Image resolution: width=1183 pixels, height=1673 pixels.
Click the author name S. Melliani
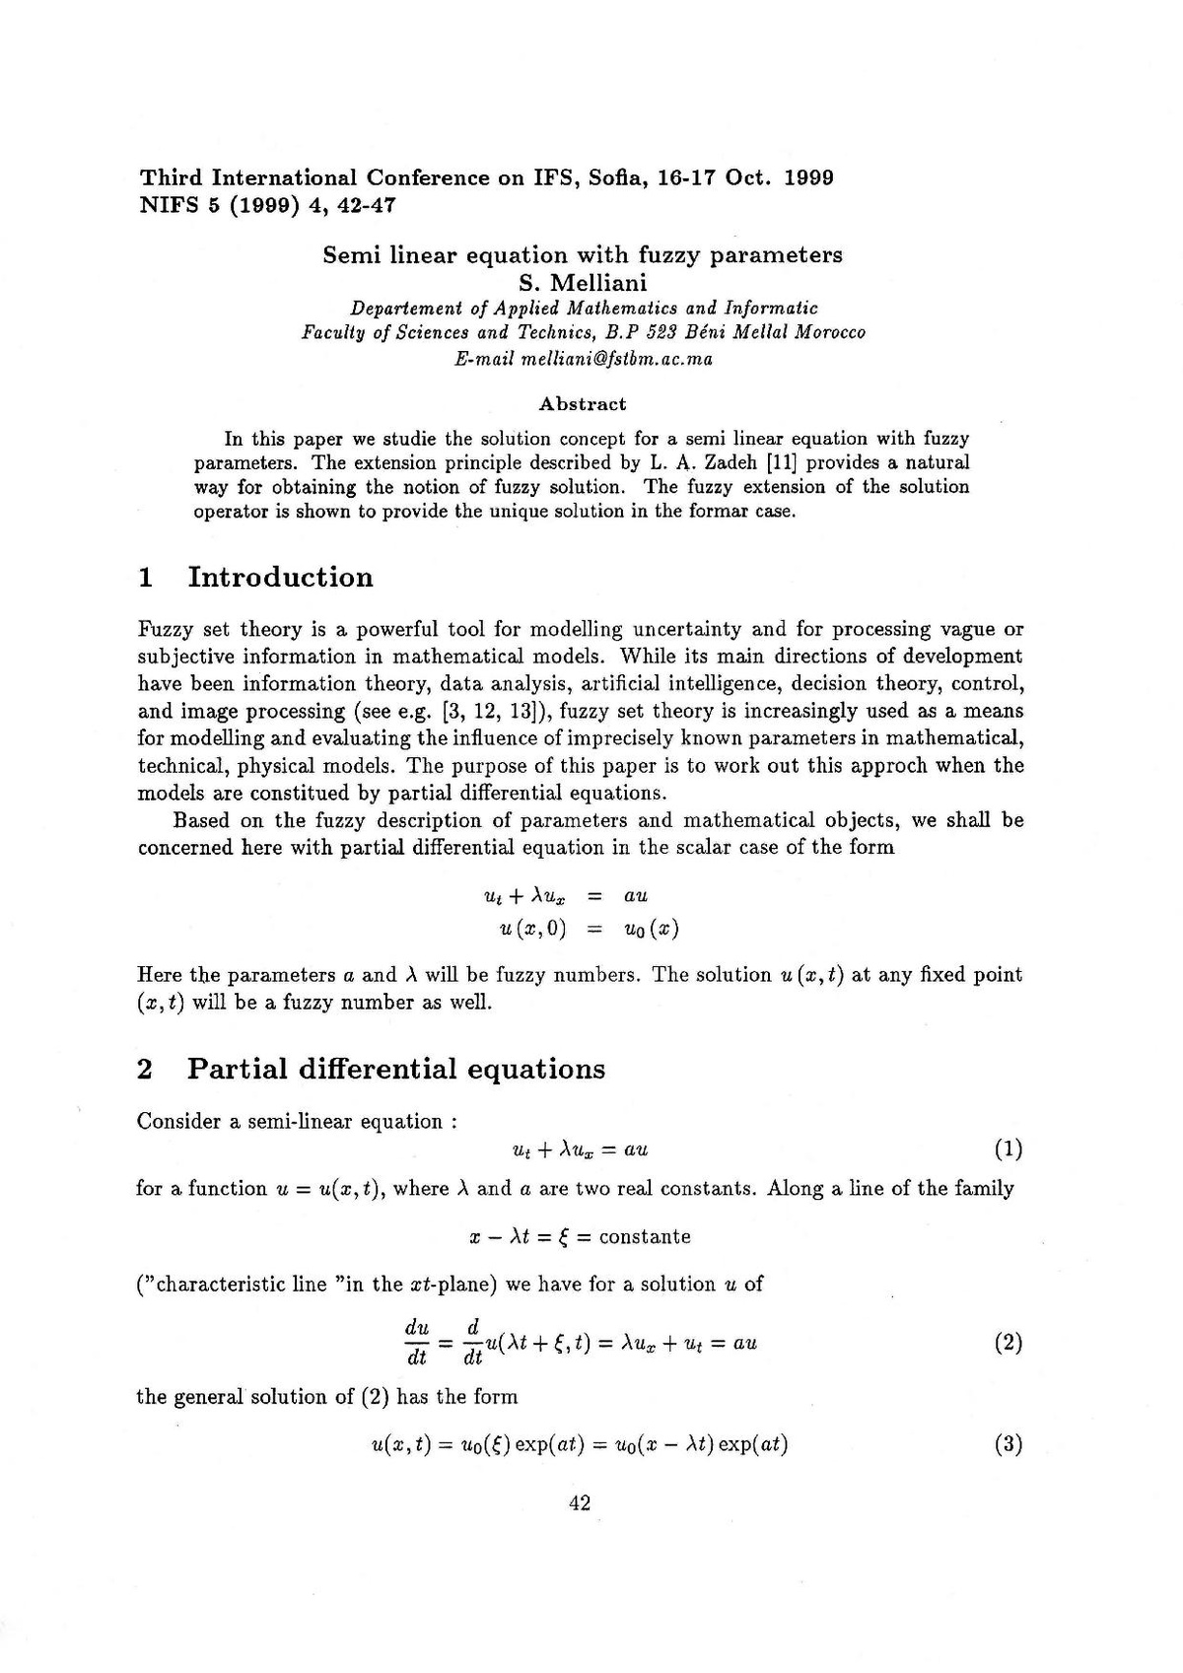pyautogui.click(x=583, y=283)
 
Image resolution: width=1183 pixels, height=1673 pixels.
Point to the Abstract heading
pyautogui.click(x=582, y=404)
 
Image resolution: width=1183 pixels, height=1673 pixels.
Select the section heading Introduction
pyautogui.click(x=280, y=577)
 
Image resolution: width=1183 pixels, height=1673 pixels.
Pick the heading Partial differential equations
pyautogui.click(x=396, y=1069)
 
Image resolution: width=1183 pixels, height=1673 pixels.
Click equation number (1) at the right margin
pyautogui.click(x=1008, y=1149)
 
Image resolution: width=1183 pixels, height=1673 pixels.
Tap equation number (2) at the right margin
pyautogui.click(x=1008, y=1343)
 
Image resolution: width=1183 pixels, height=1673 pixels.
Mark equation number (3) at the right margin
pyautogui.click(x=1008, y=1445)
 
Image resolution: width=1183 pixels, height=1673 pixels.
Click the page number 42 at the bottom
pyautogui.click(x=580, y=1503)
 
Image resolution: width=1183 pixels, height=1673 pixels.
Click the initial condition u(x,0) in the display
pyautogui.click(x=532, y=929)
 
